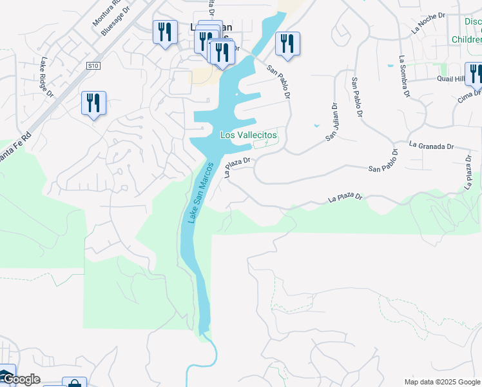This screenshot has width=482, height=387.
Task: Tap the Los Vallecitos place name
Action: click(249, 135)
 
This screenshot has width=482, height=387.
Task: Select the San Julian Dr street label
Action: click(331, 123)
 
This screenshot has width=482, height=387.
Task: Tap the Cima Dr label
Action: click(468, 95)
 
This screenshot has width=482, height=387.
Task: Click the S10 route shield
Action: click(93, 66)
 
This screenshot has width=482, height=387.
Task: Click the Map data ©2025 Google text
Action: click(441, 382)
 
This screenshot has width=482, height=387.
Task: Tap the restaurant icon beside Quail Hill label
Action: click(475, 73)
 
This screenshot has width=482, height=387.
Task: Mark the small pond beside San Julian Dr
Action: click(316, 125)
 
